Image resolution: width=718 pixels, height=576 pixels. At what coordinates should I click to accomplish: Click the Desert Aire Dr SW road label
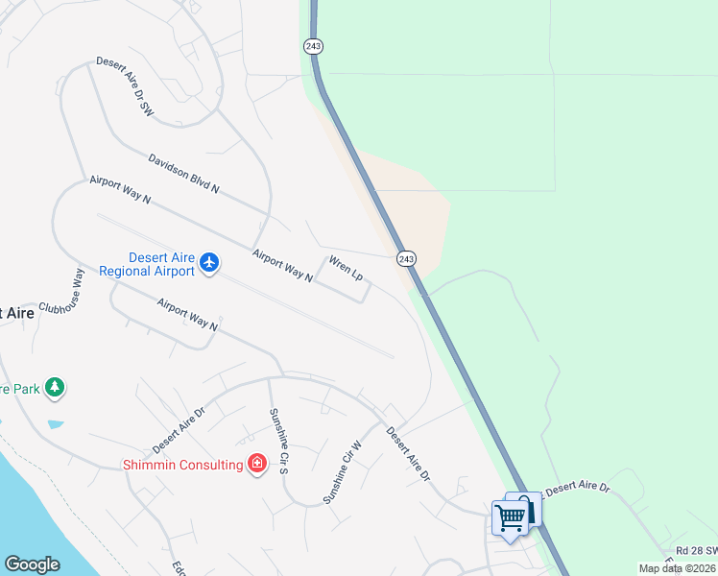[x=125, y=86]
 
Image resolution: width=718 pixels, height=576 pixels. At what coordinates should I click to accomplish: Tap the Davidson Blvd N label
[x=183, y=174]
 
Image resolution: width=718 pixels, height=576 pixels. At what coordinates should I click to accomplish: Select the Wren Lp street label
[x=346, y=268]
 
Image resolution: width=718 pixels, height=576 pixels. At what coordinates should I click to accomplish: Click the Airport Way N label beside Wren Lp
[x=282, y=266]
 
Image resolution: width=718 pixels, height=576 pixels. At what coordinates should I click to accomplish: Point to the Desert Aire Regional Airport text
[x=161, y=264]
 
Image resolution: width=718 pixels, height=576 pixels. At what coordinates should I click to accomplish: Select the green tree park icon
[x=56, y=386]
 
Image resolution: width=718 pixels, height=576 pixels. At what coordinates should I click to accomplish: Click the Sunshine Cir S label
[x=278, y=441]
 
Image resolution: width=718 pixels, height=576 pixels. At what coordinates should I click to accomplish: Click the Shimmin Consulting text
[x=181, y=465]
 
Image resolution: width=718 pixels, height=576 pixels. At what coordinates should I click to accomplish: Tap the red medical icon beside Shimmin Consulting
[x=256, y=465]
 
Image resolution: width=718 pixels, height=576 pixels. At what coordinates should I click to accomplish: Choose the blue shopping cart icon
[x=511, y=518]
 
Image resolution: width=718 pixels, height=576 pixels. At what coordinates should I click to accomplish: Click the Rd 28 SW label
[x=695, y=550]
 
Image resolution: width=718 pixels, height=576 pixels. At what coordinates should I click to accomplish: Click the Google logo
[x=33, y=564]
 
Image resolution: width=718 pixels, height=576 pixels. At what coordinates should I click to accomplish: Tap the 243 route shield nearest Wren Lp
[x=406, y=258]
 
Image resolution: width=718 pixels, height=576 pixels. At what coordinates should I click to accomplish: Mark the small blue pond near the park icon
[x=55, y=423]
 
